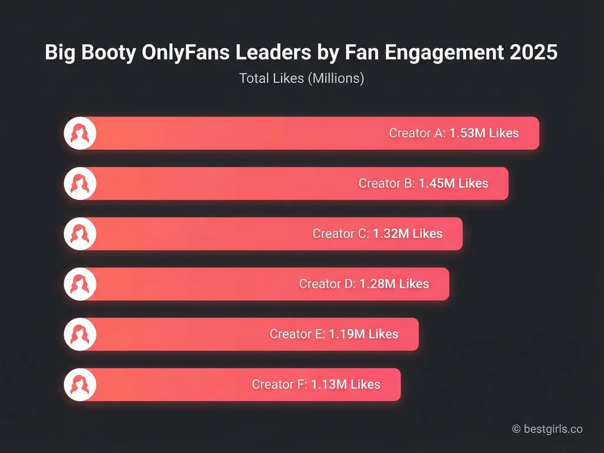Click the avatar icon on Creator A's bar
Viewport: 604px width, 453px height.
(80, 133)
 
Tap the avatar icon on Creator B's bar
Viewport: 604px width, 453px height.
(80, 183)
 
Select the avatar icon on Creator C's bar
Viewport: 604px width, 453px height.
(80, 234)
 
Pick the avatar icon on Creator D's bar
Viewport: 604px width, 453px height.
(80, 284)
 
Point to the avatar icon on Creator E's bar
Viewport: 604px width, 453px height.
(80, 334)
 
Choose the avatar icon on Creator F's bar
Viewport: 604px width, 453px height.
(80, 385)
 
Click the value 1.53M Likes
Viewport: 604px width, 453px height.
(484, 133)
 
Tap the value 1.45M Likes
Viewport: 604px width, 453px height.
(453, 183)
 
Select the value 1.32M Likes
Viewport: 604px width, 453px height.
(407, 234)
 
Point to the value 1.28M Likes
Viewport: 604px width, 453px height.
(393, 284)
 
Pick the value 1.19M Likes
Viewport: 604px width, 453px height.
(363, 334)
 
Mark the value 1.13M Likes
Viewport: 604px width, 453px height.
(346, 385)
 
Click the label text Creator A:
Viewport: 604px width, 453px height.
(417, 133)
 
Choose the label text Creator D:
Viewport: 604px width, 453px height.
(327, 284)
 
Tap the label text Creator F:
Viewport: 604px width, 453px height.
(280, 385)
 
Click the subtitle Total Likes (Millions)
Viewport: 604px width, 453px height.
(301, 78)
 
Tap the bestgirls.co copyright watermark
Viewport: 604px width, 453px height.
(547, 429)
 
